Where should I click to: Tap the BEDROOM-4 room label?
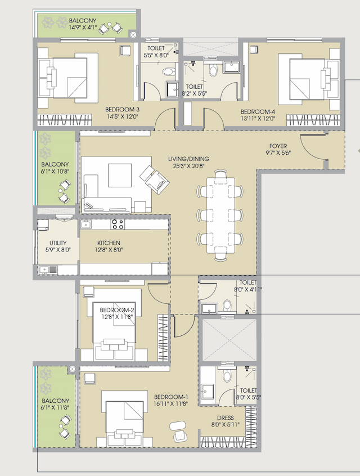pos(256,111)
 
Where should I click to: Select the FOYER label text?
pos(278,146)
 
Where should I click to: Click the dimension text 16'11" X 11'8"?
pos(171,403)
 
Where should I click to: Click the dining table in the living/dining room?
pos(220,214)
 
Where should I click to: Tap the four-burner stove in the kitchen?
pos(118,224)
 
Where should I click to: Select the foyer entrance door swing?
pos(313,150)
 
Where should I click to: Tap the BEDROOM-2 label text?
pos(117,310)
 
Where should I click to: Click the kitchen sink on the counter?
pos(86,225)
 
